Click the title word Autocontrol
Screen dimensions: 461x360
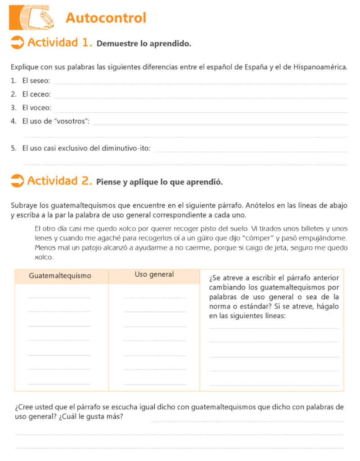tap(106, 18)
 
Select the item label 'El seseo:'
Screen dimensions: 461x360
tap(36, 81)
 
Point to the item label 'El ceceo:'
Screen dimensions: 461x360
tap(36, 95)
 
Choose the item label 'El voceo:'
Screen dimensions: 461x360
tap(36, 108)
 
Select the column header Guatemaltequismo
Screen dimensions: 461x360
tap(60, 276)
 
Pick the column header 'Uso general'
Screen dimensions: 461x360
tap(154, 274)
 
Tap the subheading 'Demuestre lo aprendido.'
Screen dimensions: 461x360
tap(144, 44)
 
